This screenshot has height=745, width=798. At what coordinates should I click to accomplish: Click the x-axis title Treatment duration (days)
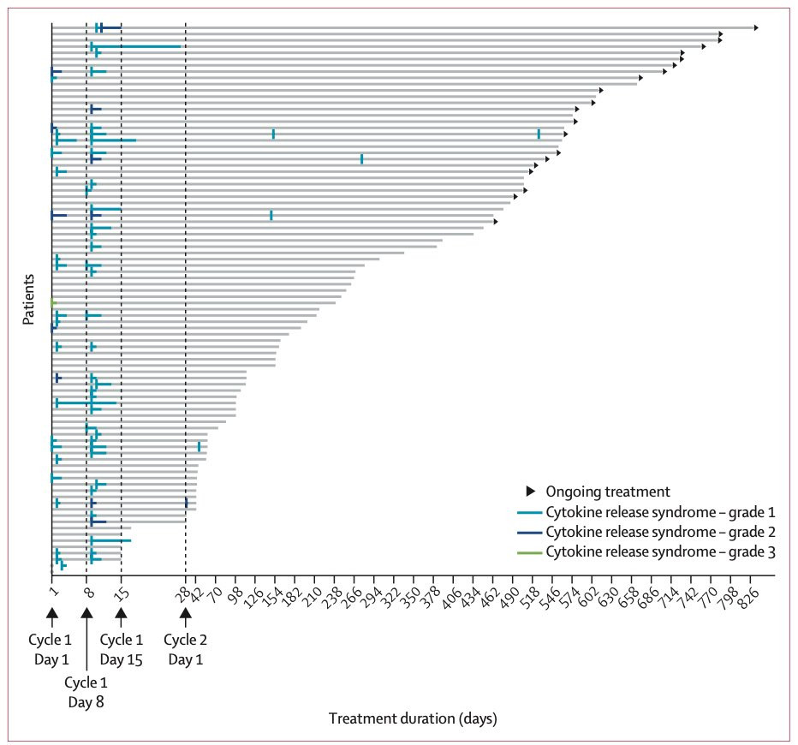pyautogui.click(x=413, y=718)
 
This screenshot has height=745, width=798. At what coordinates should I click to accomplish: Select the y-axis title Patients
pyautogui.click(x=28, y=299)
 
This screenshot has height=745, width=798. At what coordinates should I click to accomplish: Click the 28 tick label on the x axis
pyautogui.click(x=184, y=593)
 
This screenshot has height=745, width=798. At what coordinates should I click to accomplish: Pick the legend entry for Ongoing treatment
pyautogui.click(x=598, y=492)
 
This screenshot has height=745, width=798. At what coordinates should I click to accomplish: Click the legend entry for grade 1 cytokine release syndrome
pyautogui.click(x=646, y=512)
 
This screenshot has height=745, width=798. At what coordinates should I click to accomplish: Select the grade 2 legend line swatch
pyautogui.click(x=529, y=533)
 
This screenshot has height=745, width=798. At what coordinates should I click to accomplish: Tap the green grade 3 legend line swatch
pyautogui.click(x=529, y=552)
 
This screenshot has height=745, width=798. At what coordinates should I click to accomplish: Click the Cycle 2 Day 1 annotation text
pyautogui.click(x=185, y=649)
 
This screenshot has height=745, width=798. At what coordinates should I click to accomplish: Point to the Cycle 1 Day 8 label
pyautogui.click(x=86, y=692)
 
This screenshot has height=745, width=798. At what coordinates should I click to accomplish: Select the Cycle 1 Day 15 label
pyautogui.click(x=121, y=649)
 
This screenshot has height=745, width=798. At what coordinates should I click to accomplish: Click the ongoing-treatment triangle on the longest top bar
pyautogui.click(x=756, y=27)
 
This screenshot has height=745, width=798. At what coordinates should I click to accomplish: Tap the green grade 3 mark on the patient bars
pyautogui.click(x=53, y=303)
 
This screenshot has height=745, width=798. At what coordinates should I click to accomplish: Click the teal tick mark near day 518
pyautogui.click(x=539, y=134)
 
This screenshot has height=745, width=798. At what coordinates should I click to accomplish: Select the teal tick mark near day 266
pyautogui.click(x=362, y=158)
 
